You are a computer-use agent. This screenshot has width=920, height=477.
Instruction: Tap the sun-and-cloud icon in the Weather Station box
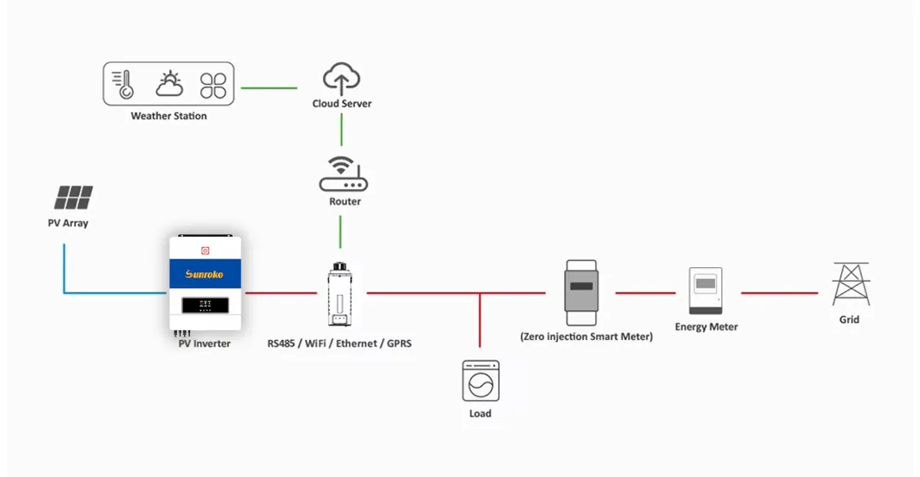[x=169, y=83]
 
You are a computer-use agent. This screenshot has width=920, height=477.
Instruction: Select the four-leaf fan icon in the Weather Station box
[x=214, y=84]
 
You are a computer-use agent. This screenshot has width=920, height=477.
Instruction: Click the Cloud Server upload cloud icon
[x=341, y=78]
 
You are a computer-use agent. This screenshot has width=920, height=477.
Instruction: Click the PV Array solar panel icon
[x=73, y=198]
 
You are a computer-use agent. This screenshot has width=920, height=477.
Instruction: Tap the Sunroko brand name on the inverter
[x=204, y=274]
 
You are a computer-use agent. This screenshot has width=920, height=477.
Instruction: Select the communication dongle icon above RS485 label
[x=339, y=294]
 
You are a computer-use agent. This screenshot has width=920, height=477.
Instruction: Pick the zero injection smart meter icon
[x=582, y=286]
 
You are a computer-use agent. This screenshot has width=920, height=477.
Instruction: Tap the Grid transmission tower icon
[x=850, y=284]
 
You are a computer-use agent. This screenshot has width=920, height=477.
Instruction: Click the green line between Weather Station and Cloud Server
[x=269, y=88]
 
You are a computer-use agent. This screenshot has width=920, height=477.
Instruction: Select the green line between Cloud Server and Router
[x=341, y=130]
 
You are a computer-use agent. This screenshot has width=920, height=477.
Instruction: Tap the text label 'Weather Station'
[x=168, y=116]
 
